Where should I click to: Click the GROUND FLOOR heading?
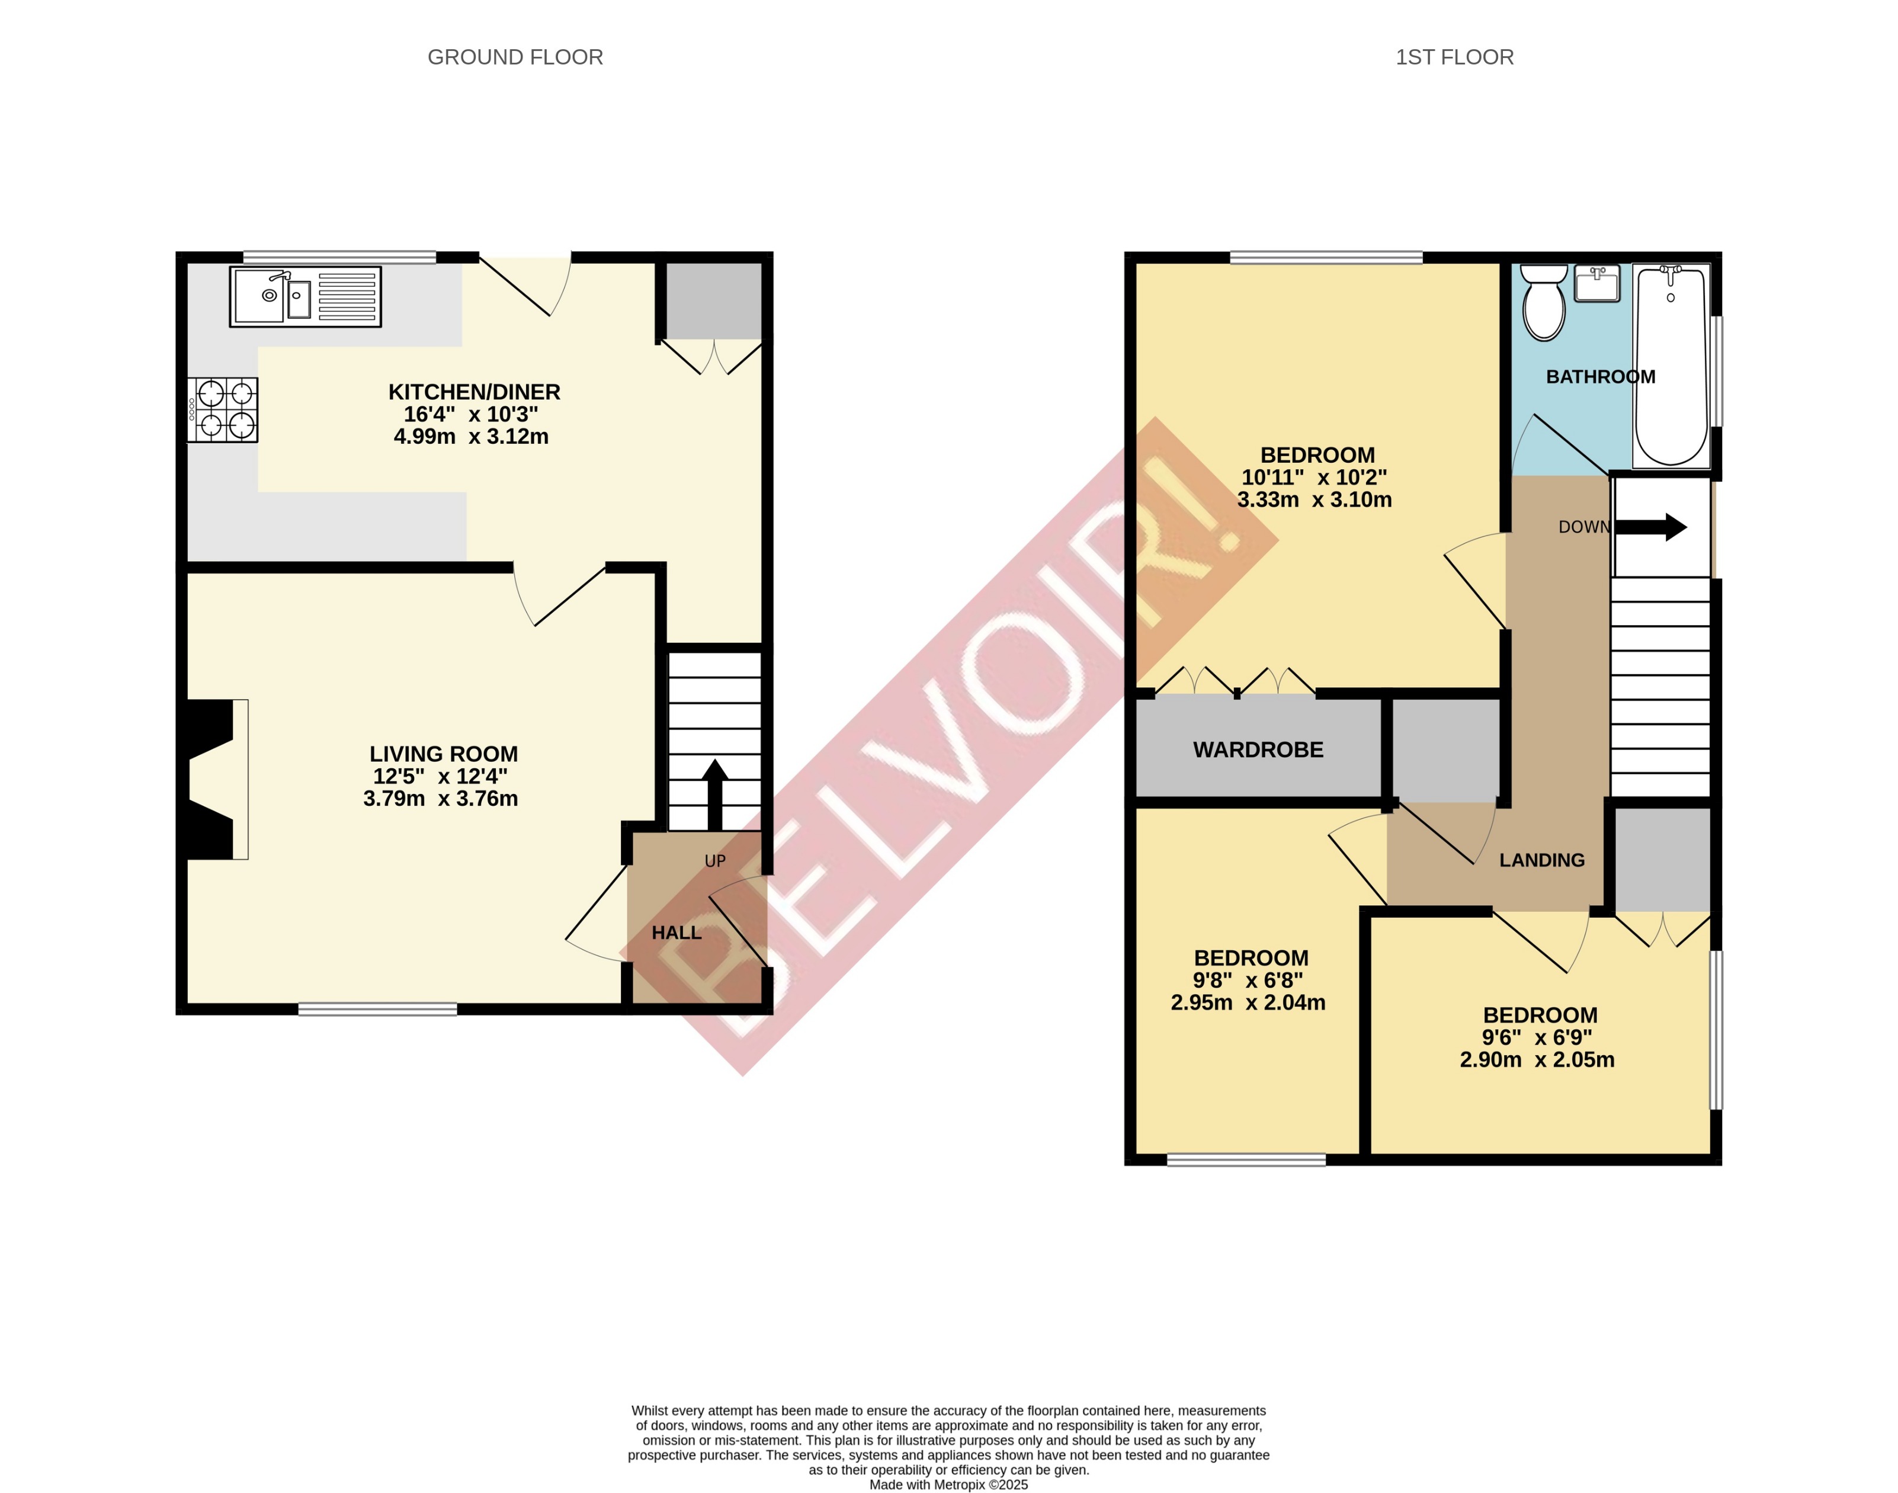click(x=515, y=57)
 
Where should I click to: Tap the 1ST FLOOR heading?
click(x=1454, y=57)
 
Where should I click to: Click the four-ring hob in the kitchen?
click(x=224, y=409)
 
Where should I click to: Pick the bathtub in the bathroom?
click(x=1671, y=366)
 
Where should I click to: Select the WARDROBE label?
click(x=1258, y=750)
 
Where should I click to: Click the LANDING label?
click(x=1541, y=860)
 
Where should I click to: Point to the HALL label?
click(x=677, y=933)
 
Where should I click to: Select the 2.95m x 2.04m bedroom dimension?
click(x=1248, y=1002)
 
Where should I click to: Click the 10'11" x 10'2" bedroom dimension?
click(x=1315, y=478)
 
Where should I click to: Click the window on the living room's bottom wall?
click(x=377, y=1010)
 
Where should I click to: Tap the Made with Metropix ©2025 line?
click(x=948, y=1484)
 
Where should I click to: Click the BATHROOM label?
click(x=1600, y=377)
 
